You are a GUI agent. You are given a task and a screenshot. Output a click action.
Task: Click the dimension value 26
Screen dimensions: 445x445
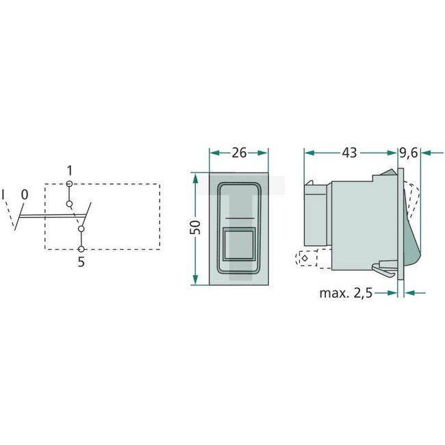click(239, 153)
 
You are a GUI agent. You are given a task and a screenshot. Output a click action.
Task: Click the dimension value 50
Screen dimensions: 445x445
click(196, 228)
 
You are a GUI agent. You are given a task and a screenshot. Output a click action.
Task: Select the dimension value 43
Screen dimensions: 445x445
click(349, 153)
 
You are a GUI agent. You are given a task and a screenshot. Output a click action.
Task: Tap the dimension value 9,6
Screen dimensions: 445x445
click(409, 153)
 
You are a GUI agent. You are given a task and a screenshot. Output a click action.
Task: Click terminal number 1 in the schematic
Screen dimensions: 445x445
click(69, 170)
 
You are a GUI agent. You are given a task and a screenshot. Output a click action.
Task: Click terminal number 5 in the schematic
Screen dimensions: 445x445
click(81, 262)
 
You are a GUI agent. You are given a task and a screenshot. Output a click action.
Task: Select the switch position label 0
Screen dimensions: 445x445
click(24, 195)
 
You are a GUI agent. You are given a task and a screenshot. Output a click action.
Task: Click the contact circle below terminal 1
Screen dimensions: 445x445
click(70, 203)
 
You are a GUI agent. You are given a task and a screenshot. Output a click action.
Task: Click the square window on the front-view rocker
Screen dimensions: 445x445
click(238, 242)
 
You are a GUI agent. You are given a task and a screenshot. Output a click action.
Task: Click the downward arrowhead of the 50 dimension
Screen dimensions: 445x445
click(196, 279)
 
